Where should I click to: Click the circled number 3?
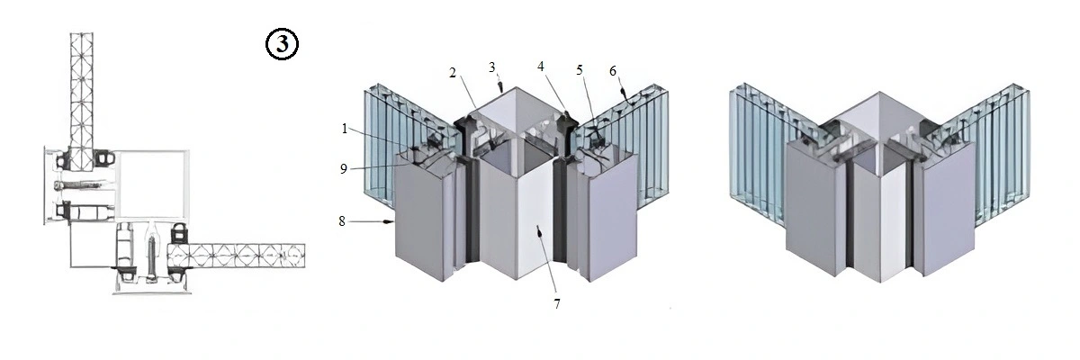point(282,44)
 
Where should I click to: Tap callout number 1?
point(344,129)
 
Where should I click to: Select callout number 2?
point(452,73)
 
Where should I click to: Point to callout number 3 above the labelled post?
point(491,67)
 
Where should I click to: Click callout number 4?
point(541,67)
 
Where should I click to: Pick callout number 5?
point(580,70)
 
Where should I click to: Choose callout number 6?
point(613,71)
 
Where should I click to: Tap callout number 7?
point(557,304)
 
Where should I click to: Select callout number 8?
point(342,221)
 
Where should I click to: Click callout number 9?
point(343,168)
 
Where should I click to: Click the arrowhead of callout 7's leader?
point(539,232)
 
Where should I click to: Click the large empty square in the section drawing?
point(150,185)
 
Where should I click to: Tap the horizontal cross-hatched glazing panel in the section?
point(236,256)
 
